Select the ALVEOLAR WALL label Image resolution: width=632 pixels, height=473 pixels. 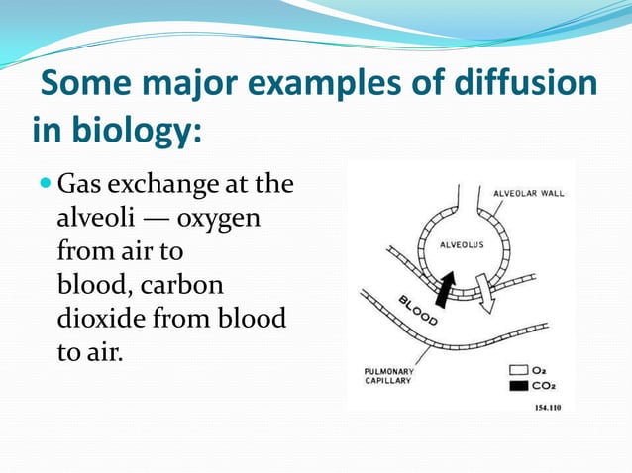[530, 193]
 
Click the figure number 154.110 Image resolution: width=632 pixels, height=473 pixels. [547, 407]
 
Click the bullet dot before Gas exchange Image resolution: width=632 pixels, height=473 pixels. [47, 184]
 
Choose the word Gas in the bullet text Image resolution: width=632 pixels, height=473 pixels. [80, 185]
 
